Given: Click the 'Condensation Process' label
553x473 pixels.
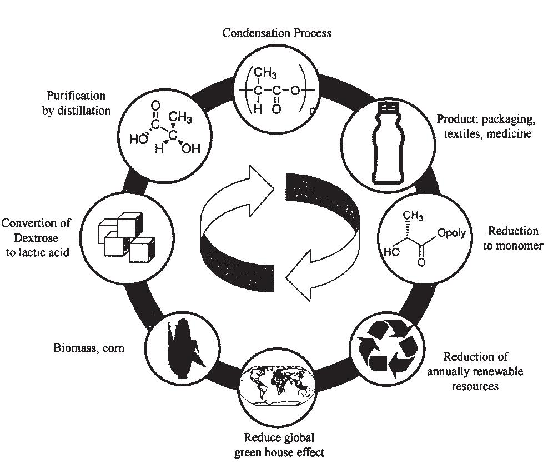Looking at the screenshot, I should [276, 33].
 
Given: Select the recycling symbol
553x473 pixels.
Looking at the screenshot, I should [387, 348].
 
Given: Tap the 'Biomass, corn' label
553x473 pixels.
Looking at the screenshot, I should [89, 348].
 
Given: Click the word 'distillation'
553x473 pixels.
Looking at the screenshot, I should [76, 110].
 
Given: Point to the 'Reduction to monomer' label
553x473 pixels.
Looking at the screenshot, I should [512, 238].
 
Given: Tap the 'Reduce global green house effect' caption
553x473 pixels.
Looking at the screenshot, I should [279, 445].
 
